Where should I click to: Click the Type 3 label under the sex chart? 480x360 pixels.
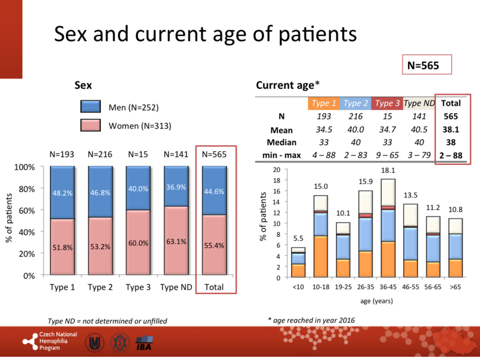(139, 287)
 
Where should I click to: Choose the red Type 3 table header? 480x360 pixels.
(387, 103)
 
